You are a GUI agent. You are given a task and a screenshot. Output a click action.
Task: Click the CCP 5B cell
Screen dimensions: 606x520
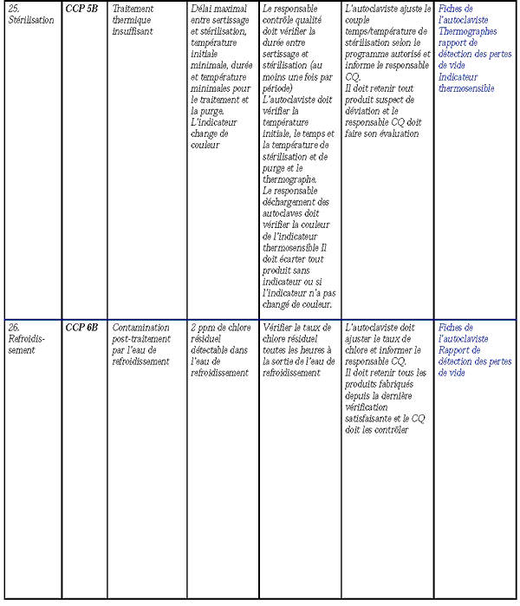pyautogui.click(x=81, y=9)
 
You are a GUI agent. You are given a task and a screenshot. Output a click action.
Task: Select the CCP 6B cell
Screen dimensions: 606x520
pyautogui.click(x=81, y=329)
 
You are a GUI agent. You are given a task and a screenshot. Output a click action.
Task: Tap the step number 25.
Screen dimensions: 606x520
pyautogui.click(x=13, y=9)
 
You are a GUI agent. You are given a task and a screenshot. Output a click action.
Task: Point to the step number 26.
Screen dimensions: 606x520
pyautogui.click(x=13, y=329)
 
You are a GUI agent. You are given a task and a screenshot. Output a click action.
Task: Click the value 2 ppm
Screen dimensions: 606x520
pyautogui.click(x=205, y=329)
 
